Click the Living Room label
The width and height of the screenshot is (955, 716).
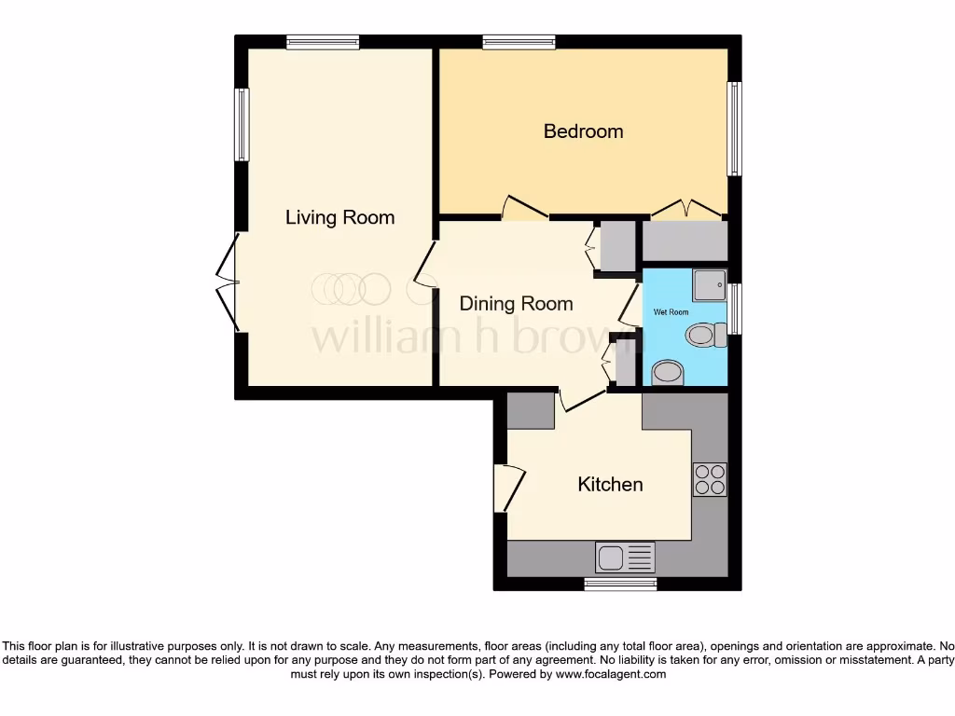pos(339,217)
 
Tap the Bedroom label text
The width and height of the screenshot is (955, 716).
pos(583,131)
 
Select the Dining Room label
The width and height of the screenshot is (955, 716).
pos(516,304)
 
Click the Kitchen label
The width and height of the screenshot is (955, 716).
pos(610,484)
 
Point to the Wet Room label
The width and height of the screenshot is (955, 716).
pos(671,312)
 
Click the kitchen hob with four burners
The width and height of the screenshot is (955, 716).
pos(710,479)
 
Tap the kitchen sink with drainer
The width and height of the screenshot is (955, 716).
pos(625,558)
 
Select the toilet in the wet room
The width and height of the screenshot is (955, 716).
pos(706,335)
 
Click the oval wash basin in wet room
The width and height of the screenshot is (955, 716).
pos(667,374)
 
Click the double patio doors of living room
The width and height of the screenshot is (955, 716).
pos(227,282)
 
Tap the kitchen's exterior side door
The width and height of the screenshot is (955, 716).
pos(508,486)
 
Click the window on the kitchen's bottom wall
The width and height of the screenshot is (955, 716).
pos(620,584)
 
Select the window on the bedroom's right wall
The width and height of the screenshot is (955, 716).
pos(735,129)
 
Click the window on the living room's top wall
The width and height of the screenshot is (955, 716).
pos(323,41)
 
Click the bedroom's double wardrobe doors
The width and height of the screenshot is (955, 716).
pos(685,208)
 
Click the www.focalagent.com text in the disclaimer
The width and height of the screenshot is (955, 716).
pos(611,674)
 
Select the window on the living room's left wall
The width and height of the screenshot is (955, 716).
pos(242,124)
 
